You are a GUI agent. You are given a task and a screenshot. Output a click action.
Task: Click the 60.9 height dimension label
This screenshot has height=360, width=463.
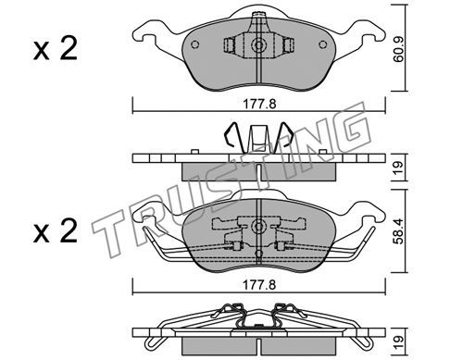coord(399,51)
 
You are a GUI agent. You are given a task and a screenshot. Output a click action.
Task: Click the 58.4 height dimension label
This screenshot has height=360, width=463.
coord(399,231)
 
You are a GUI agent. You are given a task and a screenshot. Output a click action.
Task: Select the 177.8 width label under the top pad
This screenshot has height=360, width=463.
coord(259,105)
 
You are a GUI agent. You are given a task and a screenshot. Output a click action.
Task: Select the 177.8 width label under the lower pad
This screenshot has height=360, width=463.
coord(259,285)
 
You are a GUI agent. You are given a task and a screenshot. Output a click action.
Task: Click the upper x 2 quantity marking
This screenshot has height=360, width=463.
coord(56,49)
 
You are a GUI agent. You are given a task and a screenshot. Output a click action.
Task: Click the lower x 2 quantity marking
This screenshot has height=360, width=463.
coord(56,231)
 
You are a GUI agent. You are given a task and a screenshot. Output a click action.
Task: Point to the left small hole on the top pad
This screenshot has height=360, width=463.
coord(194,44)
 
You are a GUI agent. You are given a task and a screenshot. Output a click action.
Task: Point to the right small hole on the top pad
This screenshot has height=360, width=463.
coord(323,44)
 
